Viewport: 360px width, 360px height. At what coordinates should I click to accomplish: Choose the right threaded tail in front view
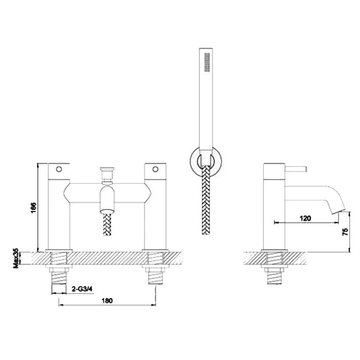tap(155, 276)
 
